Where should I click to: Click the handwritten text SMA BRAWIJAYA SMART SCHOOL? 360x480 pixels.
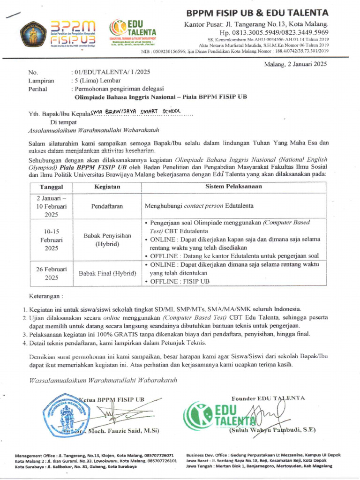pyautogui.click(x=132, y=112)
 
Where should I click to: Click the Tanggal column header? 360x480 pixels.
pyautogui.click(x=52, y=187)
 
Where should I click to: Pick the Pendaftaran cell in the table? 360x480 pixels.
pyautogui.click(x=107, y=205)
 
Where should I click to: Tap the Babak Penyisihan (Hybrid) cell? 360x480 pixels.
pyautogui.click(x=107, y=240)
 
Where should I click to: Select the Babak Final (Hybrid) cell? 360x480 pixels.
pyautogui.click(x=107, y=273)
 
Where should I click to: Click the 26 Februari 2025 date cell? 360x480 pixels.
pyautogui.click(x=52, y=273)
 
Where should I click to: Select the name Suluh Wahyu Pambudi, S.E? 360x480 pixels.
pyautogui.click(x=272, y=430)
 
